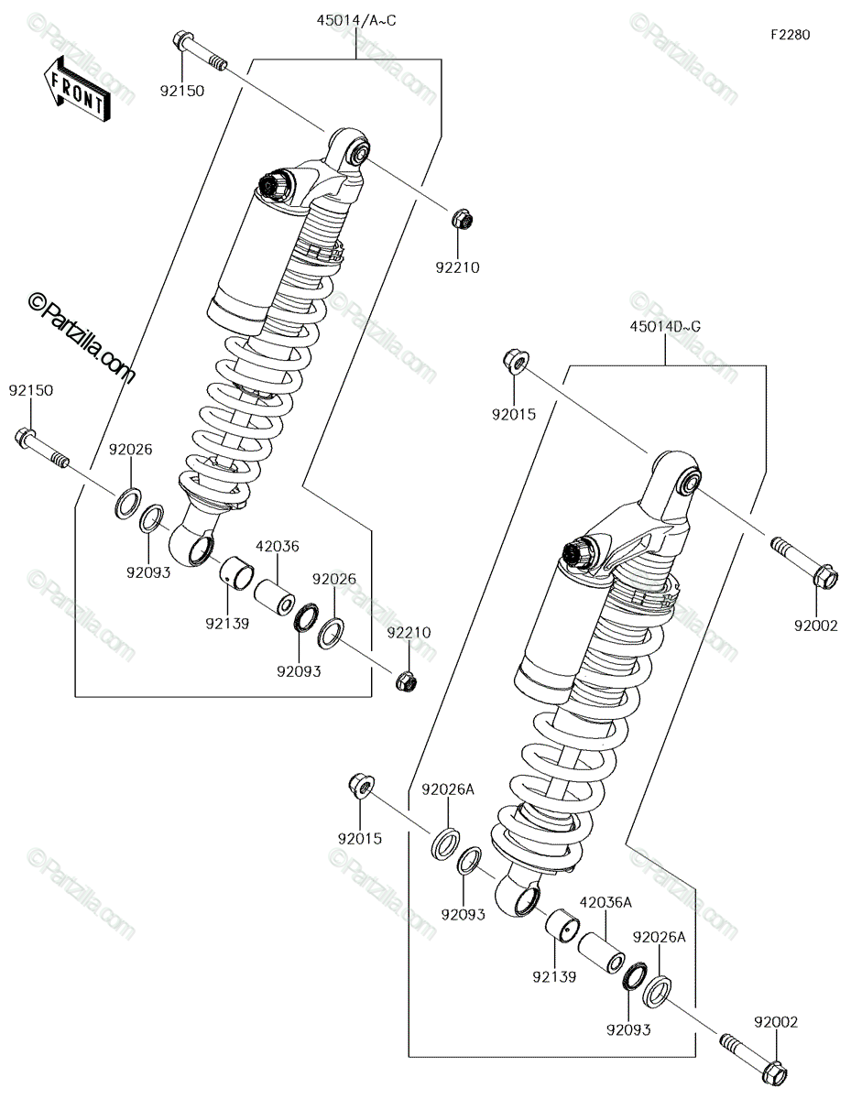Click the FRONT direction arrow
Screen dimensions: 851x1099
(77, 90)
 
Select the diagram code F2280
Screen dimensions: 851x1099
(791, 35)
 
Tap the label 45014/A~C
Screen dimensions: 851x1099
(356, 21)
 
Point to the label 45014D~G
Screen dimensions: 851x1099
(665, 327)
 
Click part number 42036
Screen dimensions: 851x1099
(277, 546)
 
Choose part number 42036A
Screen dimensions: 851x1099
(606, 902)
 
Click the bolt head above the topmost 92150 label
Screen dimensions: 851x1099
(182, 39)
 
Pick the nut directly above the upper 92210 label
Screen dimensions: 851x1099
(461, 220)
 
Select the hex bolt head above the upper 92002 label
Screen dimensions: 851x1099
(826, 578)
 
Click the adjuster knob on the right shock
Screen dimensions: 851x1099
(579, 552)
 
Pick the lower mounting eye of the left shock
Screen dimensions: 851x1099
(192, 544)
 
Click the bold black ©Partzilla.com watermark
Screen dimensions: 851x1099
(82, 338)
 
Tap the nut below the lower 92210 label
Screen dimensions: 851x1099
(407, 682)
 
